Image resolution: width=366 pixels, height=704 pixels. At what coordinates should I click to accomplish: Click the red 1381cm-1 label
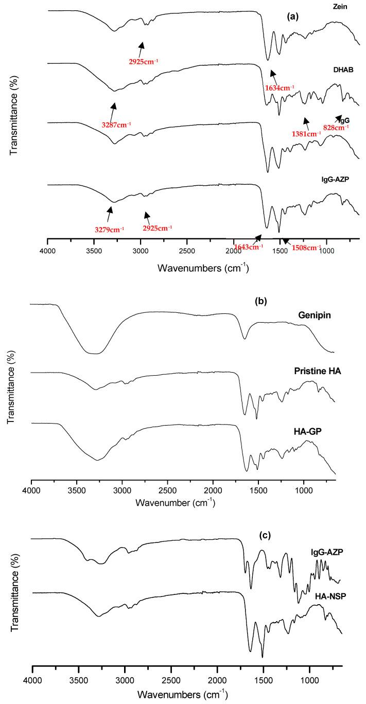(306, 134)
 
